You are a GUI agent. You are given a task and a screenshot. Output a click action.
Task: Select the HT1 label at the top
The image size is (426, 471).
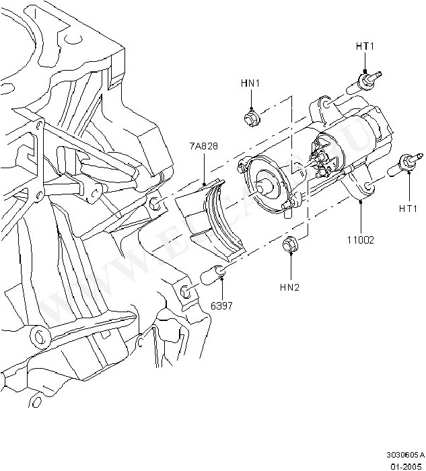tap(364, 46)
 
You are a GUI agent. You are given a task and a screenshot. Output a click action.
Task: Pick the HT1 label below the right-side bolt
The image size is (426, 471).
tap(407, 209)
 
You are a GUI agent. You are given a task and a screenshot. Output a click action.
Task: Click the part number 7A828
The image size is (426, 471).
tap(203, 146)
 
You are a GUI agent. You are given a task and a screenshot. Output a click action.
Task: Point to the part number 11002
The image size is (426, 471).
tap(361, 239)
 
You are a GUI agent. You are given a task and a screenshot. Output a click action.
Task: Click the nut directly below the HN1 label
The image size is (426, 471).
tap(251, 120)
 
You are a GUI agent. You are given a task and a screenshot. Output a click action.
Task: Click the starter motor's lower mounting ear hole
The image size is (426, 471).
tap(369, 188)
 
